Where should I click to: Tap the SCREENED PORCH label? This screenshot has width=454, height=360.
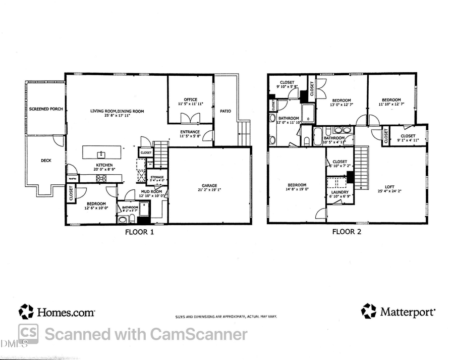(45, 109)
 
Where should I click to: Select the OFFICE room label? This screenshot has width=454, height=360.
(190, 99)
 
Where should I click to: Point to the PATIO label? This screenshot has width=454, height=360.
(225, 111)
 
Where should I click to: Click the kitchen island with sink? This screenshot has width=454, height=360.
(102, 152)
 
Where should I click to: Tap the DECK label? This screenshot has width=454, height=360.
(45, 161)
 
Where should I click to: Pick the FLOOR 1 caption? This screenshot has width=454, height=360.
(139, 232)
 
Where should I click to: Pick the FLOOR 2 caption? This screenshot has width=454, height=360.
(346, 232)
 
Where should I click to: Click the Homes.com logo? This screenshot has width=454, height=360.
(56, 312)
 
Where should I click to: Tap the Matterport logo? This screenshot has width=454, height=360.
(398, 312)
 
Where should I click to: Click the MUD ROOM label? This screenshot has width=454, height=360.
(151, 192)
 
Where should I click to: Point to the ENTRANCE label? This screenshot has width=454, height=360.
(190, 131)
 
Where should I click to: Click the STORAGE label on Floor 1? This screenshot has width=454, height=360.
(156, 177)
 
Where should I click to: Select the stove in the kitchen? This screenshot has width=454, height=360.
(101, 178)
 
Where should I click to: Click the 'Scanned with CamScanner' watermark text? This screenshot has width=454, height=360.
(146, 334)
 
